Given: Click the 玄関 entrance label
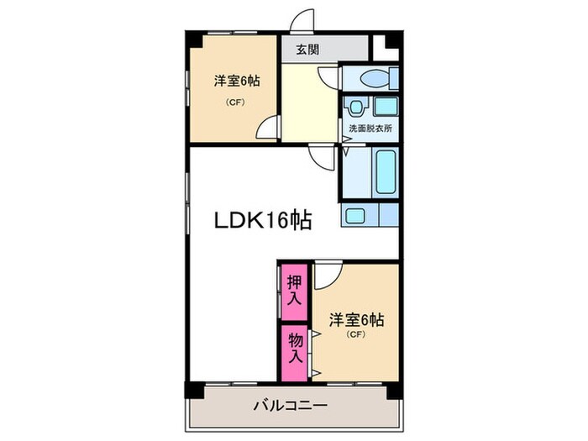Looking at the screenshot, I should pos(307,50).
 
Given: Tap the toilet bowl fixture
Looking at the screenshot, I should pos(370,79).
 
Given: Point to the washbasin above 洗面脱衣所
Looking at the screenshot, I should pos(357,107).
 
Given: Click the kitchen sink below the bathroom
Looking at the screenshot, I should pos(354,215).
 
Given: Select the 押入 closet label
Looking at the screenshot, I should pos(294,289).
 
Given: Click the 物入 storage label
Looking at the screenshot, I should pos(295,347).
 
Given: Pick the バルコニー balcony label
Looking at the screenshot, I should pos(291,407).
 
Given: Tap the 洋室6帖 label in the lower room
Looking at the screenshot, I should pos(356,320).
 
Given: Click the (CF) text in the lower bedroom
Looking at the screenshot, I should pos(355,336).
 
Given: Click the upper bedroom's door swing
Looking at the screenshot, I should pos(267,128).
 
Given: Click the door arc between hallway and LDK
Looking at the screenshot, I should pos(320,155).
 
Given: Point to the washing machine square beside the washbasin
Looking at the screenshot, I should pos(386,107).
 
